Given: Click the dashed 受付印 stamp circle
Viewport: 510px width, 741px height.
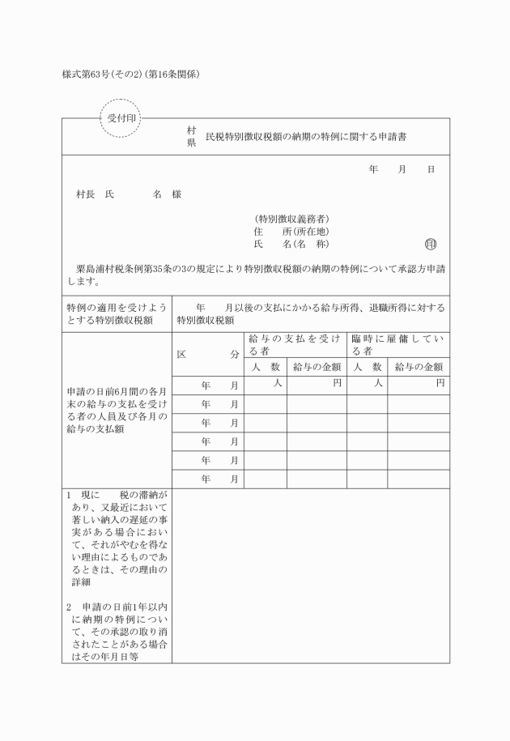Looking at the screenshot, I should (121, 118).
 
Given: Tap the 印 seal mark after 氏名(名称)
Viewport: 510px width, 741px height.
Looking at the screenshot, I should (430, 245).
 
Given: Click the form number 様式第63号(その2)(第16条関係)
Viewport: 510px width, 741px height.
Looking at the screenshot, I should (130, 75).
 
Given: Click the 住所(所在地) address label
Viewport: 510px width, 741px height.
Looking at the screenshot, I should (291, 232).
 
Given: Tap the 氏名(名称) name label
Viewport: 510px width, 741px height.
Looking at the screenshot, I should (291, 245).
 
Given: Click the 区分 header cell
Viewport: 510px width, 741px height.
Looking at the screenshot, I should (208, 354).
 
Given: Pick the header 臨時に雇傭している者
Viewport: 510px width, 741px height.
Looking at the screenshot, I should (398, 345).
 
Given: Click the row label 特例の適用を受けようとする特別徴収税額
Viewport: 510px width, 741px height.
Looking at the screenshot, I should (117, 313).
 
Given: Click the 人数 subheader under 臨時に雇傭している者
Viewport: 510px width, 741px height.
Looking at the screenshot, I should (367, 367).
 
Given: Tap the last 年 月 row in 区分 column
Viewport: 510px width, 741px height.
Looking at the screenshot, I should (219, 479).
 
